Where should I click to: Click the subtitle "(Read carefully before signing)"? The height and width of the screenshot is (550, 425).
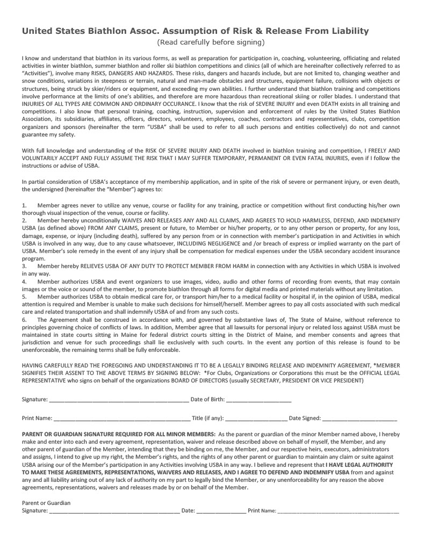click(211, 42)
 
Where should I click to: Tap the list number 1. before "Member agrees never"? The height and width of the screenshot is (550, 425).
click(24, 206)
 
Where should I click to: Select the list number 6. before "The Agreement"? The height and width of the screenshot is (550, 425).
click(24, 319)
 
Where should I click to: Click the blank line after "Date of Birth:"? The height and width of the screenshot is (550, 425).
click(258, 399)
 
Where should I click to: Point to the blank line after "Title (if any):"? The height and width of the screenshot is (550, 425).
click(255, 417)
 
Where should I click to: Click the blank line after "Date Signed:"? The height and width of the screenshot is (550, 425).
click(359, 417)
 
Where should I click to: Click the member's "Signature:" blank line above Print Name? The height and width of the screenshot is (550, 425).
click(119, 399)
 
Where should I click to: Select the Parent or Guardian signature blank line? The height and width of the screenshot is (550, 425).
click(114, 511)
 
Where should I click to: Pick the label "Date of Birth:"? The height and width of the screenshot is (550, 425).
click(207, 399)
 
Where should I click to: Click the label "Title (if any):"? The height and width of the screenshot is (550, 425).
click(207, 417)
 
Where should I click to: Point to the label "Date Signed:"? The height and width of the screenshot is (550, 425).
click(305, 417)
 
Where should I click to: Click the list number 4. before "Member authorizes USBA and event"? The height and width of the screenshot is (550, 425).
click(24, 281)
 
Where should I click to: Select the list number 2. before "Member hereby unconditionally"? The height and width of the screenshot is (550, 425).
click(24, 221)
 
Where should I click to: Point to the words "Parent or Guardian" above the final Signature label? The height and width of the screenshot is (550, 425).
click(46, 503)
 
